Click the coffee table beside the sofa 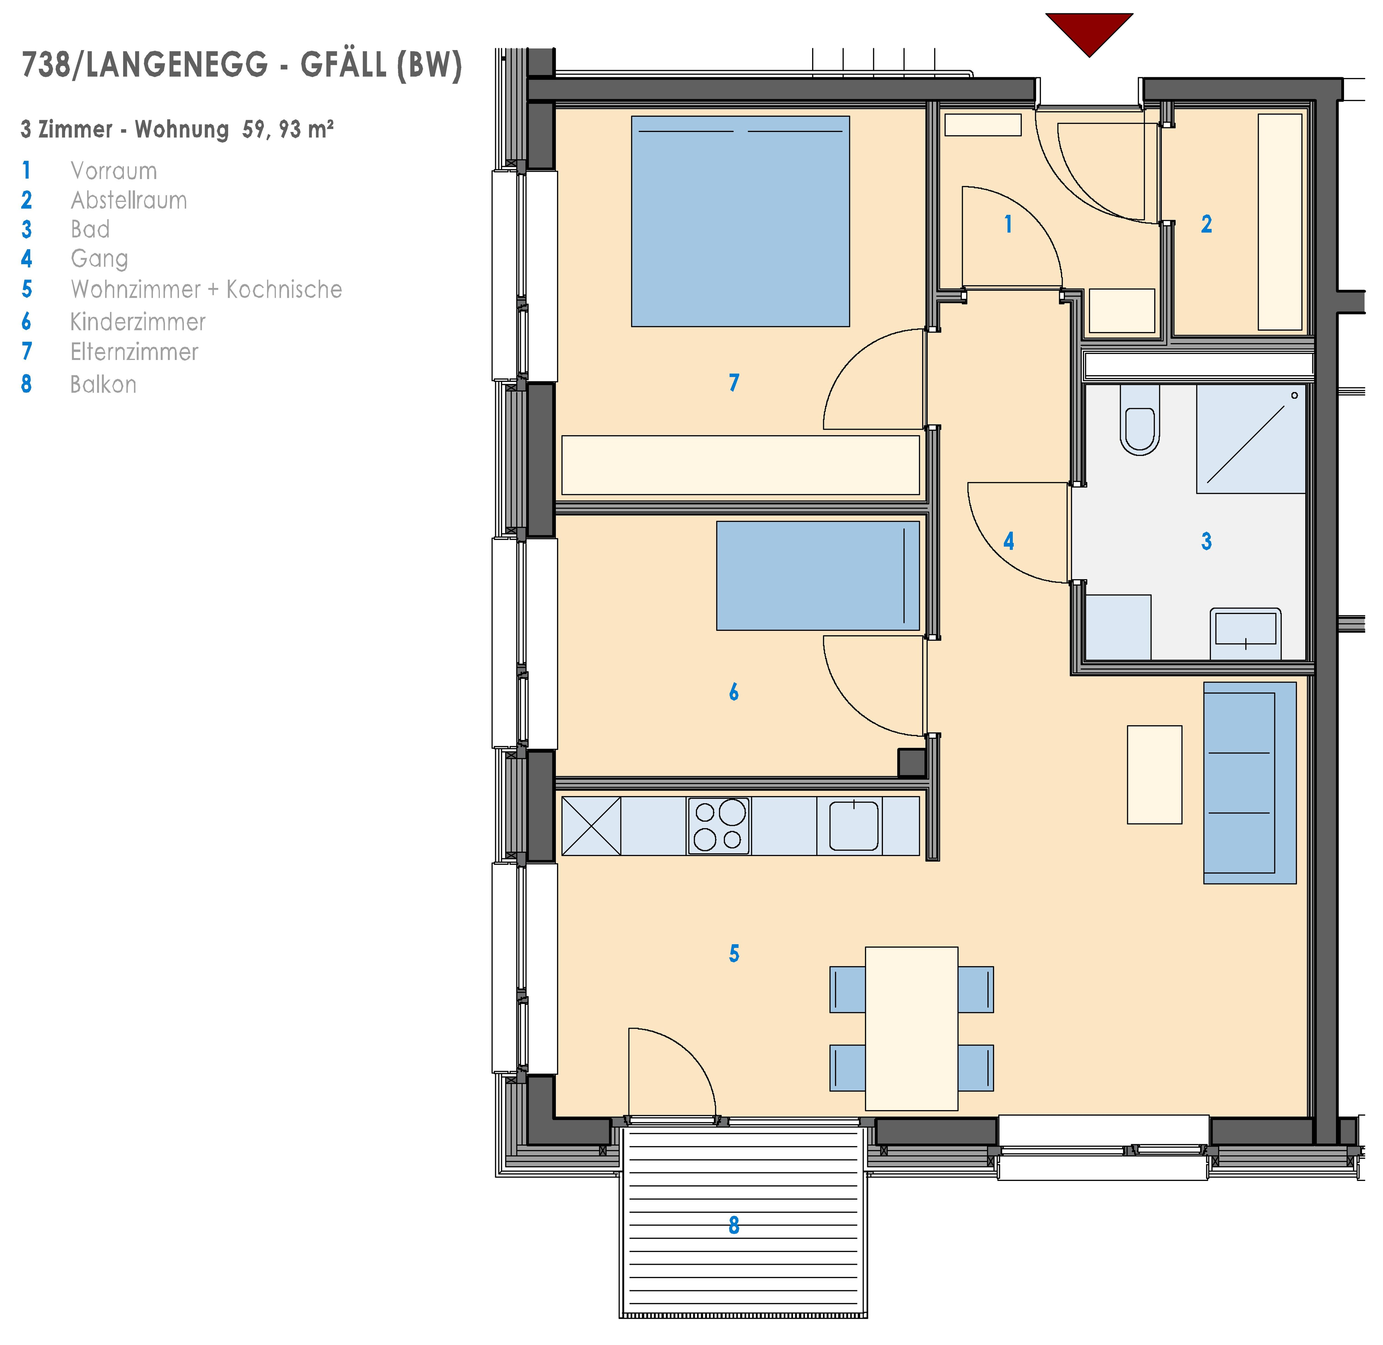pyautogui.click(x=1154, y=774)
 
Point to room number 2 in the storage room pyautogui.click(x=1207, y=225)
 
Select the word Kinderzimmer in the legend pyautogui.click(x=138, y=322)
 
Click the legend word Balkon pyautogui.click(x=103, y=384)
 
